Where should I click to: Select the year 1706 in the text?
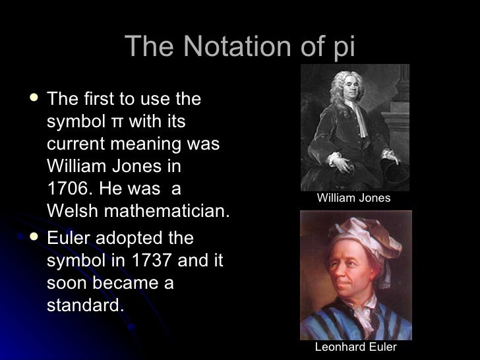[x=67, y=189]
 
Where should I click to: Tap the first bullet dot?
[x=33, y=100]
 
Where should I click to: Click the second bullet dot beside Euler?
[x=33, y=238]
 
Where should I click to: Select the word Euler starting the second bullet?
[x=68, y=238]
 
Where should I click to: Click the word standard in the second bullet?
[x=84, y=305]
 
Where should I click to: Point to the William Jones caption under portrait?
[x=353, y=198]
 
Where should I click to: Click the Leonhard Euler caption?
[x=355, y=347]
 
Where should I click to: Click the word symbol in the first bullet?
[x=76, y=122]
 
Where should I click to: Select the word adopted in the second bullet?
[x=129, y=238]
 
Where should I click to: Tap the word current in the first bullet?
[x=76, y=144]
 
